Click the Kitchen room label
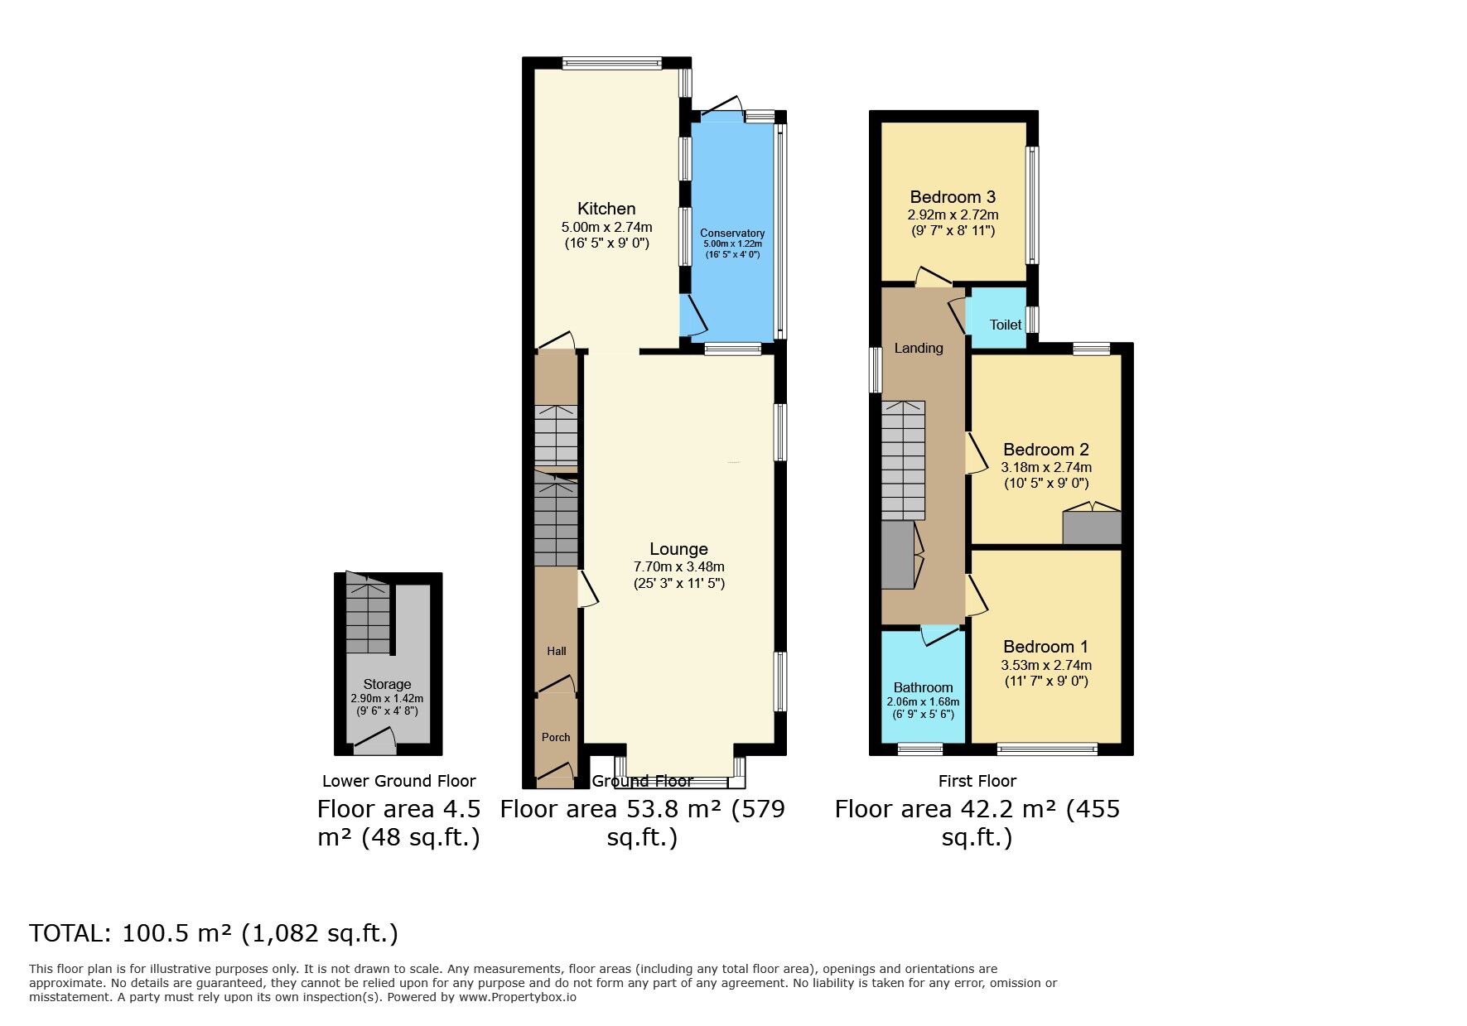tap(606, 209)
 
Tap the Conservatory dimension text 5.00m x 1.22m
tap(732, 244)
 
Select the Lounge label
tap(678, 549)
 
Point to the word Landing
tap(918, 348)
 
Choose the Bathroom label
tap(923, 687)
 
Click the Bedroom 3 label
tap(953, 197)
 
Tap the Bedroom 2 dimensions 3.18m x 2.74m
tap(1046, 467)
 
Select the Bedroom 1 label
tap(1045, 647)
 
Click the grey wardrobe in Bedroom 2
tap(1092, 528)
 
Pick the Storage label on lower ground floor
tap(387, 684)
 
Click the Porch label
tap(556, 737)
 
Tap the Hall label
tap(557, 651)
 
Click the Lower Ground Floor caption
tap(398, 781)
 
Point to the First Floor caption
tap(977, 781)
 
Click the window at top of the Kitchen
tap(611, 63)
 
